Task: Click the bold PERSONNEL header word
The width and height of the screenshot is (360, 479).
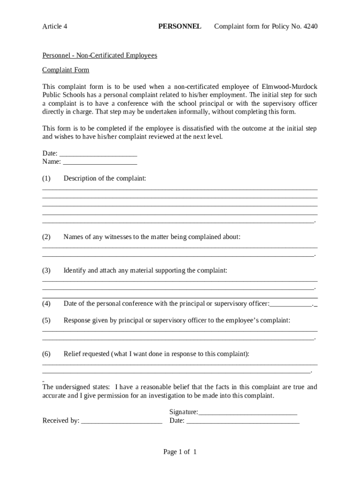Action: [180, 26]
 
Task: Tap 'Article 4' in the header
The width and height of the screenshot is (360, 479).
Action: [55, 26]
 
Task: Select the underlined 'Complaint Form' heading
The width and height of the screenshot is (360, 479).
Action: [65, 70]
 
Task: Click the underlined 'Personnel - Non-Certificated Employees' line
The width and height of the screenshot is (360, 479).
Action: [100, 56]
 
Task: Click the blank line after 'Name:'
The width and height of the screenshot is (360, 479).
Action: [100, 162]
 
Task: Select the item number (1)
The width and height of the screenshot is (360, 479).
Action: [46, 179]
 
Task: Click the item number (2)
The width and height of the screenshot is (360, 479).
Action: [46, 237]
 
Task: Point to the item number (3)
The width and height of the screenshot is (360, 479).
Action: [46, 271]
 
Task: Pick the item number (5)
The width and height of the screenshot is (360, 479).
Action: [46, 320]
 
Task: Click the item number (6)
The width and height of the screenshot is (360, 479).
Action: [46, 354]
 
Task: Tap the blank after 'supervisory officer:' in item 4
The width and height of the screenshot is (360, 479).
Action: [291, 305]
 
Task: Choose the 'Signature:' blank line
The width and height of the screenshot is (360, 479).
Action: [248, 413]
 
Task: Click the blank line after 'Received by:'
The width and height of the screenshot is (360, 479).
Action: [122, 421]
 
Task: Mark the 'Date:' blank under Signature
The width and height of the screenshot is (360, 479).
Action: [243, 421]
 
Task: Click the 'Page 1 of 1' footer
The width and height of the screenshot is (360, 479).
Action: [180, 452]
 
